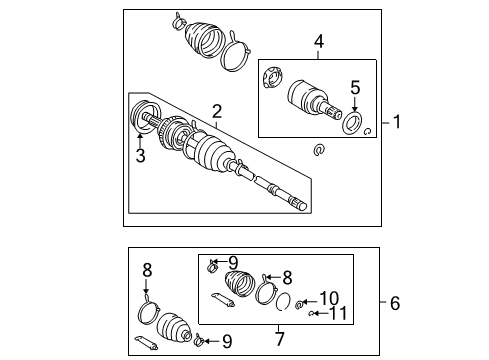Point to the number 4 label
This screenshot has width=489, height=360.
click(x=317, y=42)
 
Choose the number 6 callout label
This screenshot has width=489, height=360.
click(x=396, y=301)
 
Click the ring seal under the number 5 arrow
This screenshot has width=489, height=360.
click(x=352, y=123)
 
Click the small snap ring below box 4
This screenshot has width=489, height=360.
click(x=319, y=150)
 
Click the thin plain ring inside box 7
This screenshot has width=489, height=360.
click(x=284, y=306)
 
